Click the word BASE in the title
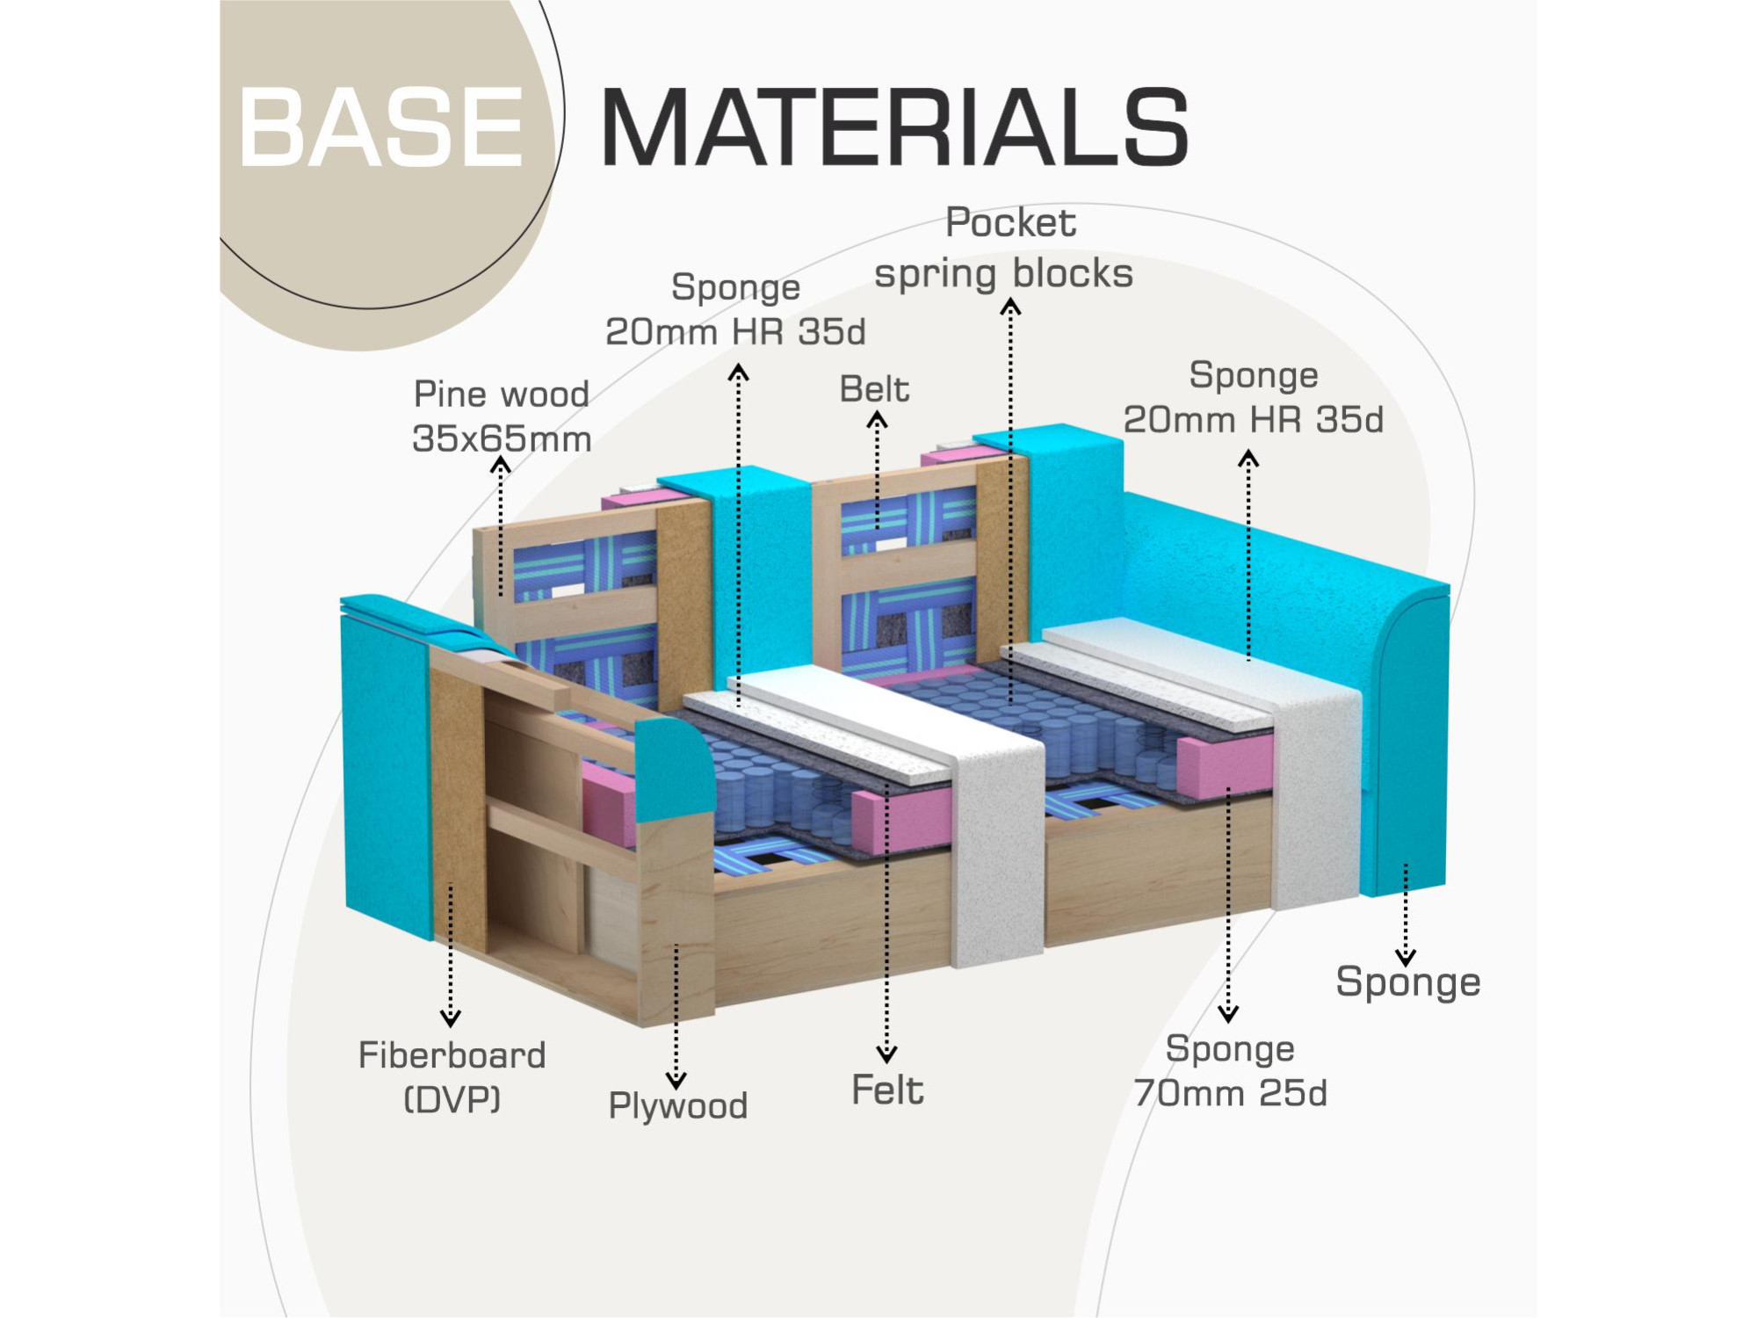pyautogui.click(x=380, y=127)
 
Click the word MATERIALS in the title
pyautogui.click(x=894, y=127)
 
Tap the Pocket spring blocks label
pyautogui.click(x=1006, y=248)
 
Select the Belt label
pyautogui.click(x=874, y=389)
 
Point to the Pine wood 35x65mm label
pyautogui.click(x=502, y=416)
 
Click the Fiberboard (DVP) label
pyautogui.click(x=452, y=1076)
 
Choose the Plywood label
pyautogui.click(x=677, y=1105)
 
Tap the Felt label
pyautogui.click(x=887, y=1090)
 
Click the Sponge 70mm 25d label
pyautogui.click(x=1230, y=1070)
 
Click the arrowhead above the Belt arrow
pyautogui.click(x=877, y=422)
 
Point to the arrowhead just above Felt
pyautogui.click(x=886, y=1054)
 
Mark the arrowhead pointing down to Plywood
pyautogui.click(x=676, y=1080)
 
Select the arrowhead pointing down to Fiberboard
pyautogui.click(x=451, y=1018)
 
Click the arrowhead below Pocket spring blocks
pyautogui.click(x=1010, y=307)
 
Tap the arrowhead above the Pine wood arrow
pyautogui.click(x=501, y=465)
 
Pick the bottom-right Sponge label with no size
pyautogui.click(x=1407, y=981)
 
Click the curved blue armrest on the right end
pyautogui.click(x=1406, y=747)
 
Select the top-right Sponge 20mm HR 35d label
pyautogui.click(x=1253, y=397)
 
